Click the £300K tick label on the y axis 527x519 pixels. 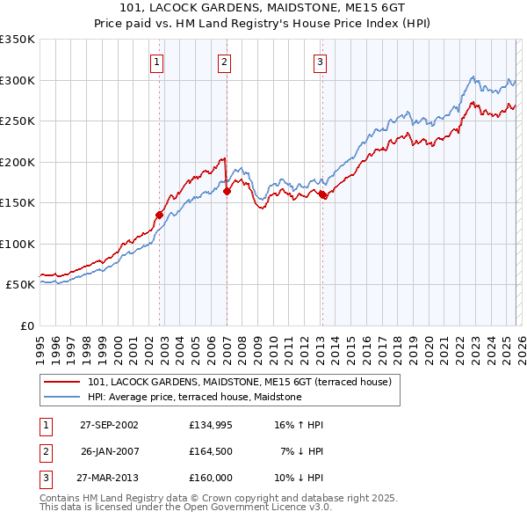pyautogui.click(x=18, y=80)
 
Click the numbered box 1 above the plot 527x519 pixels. pyautogui.click(x=156, y=62)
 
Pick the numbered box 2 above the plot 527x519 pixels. pyautogui.click(x=224, y=62)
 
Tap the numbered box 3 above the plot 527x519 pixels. pyautogui.click(x=320, y=62)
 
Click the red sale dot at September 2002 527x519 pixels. pyautogui.click(x=160, y=215)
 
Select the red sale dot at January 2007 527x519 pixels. pyautogui.click(x=227, y=191)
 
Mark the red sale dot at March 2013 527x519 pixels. pyautogui.click(x=322, y=194)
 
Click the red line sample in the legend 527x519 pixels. pyautogui.click(x=62, y=382)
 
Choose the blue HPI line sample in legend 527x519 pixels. pyautogui.click(x=62, y=397)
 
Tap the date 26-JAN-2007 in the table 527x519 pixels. pyautogui.click(x=109, y=451)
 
